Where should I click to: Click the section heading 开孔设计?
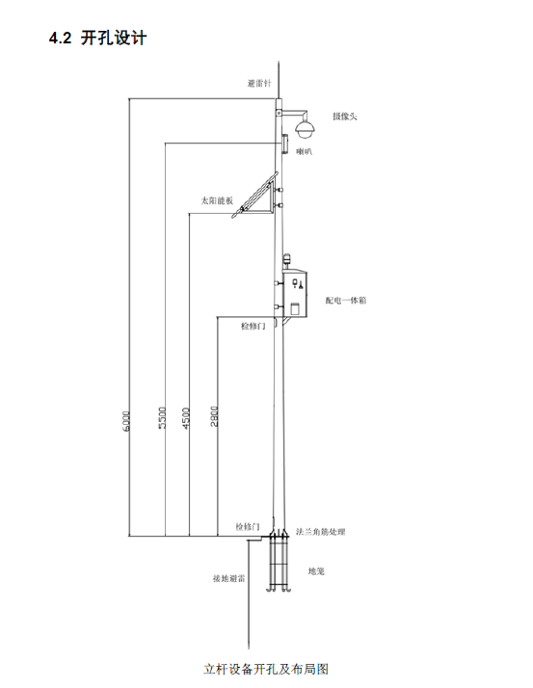(114, 39)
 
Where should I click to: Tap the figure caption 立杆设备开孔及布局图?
(266, 669)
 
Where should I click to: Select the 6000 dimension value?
(126, 421)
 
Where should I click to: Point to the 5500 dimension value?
(163, 418)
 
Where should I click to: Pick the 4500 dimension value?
(186, 418)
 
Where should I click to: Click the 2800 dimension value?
(214, 415)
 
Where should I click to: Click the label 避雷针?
(259, 84)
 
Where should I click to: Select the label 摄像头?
(345, 117)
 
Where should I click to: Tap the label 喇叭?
(304, 152)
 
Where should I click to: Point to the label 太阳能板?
(217, 201)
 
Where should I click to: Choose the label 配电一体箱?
(345, 300)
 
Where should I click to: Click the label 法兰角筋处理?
(321, 532)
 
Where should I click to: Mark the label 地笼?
(316, 571)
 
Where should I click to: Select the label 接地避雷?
(228, 579)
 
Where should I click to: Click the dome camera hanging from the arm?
(304, 127)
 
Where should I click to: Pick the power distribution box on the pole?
(295, 293)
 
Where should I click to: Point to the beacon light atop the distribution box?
(287, 260)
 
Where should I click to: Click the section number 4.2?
(60, 39)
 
